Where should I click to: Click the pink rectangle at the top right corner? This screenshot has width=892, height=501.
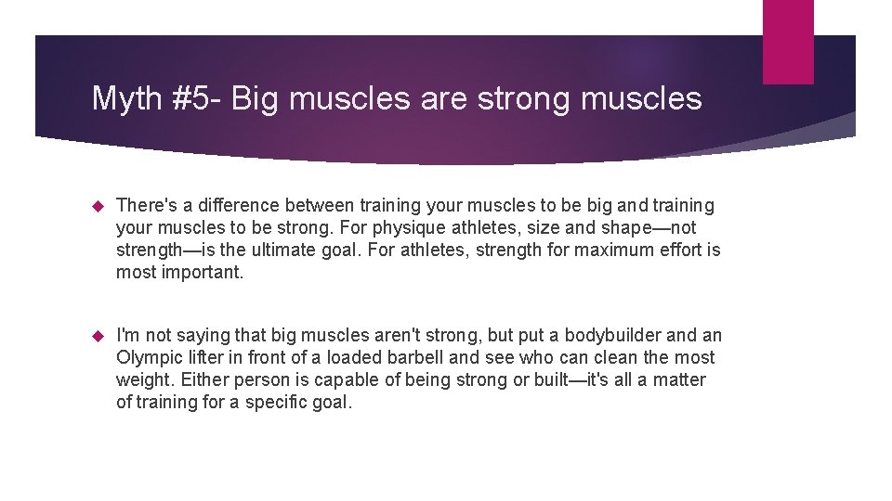[x=788, y=42]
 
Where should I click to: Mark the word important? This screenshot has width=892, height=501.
[x=202, y=272]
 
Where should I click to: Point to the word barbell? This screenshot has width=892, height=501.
[x=416, y=357]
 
